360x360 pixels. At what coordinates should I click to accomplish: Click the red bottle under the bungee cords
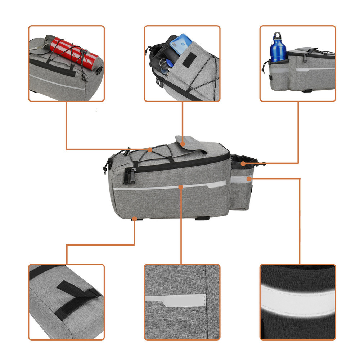click(x=72, y=50)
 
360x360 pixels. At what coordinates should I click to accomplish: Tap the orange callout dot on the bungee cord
click(x=150, y=149)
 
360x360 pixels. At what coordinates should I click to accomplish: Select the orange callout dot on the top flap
click(x=183, y=144)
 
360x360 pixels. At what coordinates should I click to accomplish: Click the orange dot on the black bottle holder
click(x=243, y=163)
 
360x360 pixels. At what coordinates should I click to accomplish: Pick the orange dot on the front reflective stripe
click(x=181, y=187)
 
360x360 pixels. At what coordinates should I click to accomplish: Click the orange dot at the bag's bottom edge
click(x=134, y=218)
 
